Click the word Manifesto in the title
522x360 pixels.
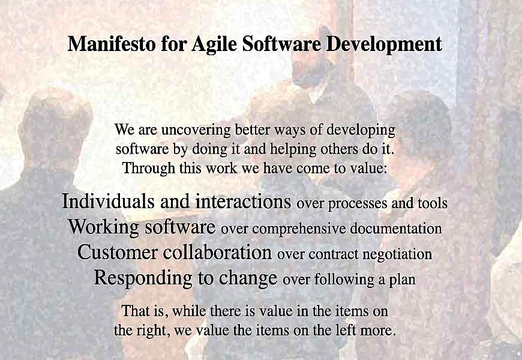(112, 44)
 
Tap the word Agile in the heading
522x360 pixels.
(214, 44)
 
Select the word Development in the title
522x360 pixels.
(384, 44)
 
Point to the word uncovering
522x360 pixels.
(196, 130)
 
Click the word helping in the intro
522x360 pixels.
(293, 149)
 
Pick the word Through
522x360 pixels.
(148, 168)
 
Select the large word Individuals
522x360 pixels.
(108, 201)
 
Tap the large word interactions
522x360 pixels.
(243, 201)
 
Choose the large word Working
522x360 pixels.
(104, 227)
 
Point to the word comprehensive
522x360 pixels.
(299, 229)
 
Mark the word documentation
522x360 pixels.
(396, 229)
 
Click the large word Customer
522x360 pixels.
(117, 252)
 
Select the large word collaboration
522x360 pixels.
(217, 252)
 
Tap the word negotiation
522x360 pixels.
(397, 254)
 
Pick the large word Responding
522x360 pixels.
(143, 278)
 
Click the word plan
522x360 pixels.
(403, 280)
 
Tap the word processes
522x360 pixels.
(358, 204)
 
